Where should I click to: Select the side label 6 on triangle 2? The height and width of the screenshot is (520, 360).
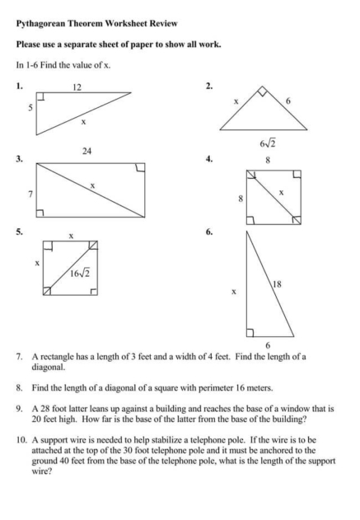coord(288,101)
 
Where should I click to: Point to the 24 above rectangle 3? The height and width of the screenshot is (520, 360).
coord(86,151)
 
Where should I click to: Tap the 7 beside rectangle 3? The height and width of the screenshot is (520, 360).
coord(30,194)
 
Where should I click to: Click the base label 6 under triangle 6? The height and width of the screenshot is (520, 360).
coord(267,344)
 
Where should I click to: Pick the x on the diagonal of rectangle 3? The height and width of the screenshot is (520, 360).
coord(92,186)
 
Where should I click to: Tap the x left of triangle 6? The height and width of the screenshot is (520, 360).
coord(235,291)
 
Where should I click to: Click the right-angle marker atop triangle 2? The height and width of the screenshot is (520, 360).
coord(262,90)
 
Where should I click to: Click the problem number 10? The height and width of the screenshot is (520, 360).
coord(21,440)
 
